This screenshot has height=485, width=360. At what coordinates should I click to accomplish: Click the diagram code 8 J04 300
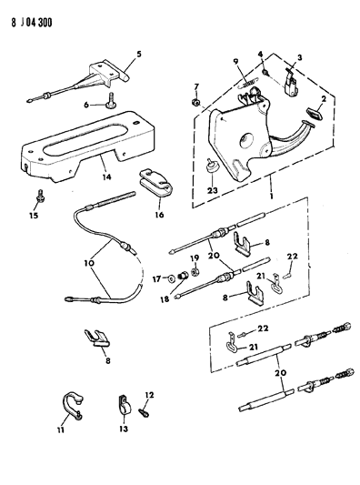[32, 22]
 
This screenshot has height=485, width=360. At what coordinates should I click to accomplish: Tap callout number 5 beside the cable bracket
[139, 54]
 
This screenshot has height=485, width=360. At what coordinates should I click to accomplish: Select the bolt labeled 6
[111, 101]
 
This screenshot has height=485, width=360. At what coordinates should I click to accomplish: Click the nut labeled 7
[195, 102]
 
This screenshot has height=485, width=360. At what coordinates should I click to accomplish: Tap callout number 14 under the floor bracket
[107, 177]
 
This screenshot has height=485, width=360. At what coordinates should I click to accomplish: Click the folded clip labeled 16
[155, 183]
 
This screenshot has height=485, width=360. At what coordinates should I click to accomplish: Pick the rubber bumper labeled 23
[212, 167]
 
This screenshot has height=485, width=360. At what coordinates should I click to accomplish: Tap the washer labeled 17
[171, 278]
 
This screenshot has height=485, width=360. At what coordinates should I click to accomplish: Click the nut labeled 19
[195, 272]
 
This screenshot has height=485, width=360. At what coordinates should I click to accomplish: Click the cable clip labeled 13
[125, 405]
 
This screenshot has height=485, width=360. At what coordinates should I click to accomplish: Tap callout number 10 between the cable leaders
[90, 263]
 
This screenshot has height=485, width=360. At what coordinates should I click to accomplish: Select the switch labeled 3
[291, 82]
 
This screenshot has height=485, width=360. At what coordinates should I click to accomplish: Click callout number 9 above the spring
[235, 62]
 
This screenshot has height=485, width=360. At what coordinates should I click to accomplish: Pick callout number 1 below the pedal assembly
[272, 197]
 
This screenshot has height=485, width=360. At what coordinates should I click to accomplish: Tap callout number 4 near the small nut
[261, 55]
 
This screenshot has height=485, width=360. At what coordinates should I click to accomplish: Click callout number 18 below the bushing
[165, 299]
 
